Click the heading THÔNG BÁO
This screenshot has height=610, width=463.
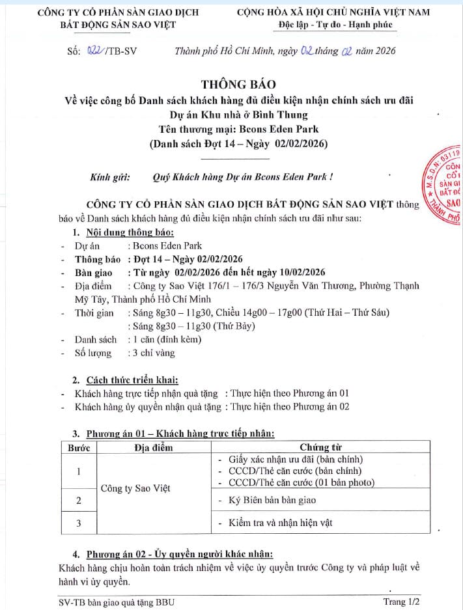[x=238, y=84]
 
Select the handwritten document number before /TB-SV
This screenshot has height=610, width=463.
[x=95, y=51]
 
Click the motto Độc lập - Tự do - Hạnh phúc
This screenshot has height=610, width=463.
[x=333, y=25]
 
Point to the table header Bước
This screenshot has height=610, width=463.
[x=78, y=447]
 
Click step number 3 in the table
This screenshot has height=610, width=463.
[x=79, y=523]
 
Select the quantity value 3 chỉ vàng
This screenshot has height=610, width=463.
[x=153, y=354]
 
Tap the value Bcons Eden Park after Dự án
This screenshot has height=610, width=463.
[x=167, y=246]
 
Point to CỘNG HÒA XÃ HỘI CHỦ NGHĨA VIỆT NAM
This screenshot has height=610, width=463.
[x=333, y=12]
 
